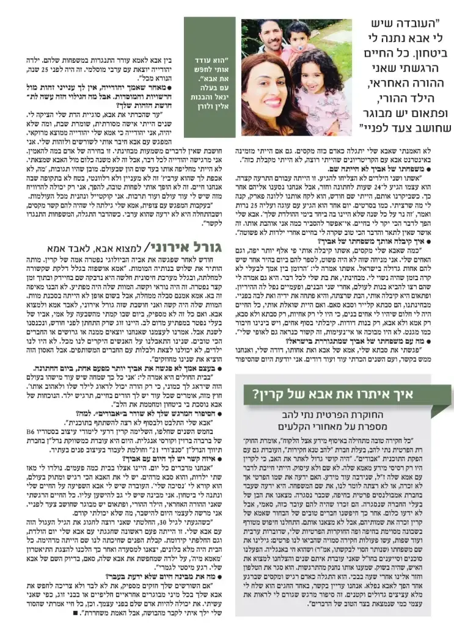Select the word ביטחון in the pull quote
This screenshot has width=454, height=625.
[x=416, y=54]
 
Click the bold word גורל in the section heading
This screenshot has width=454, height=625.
[x=214, y=249]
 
